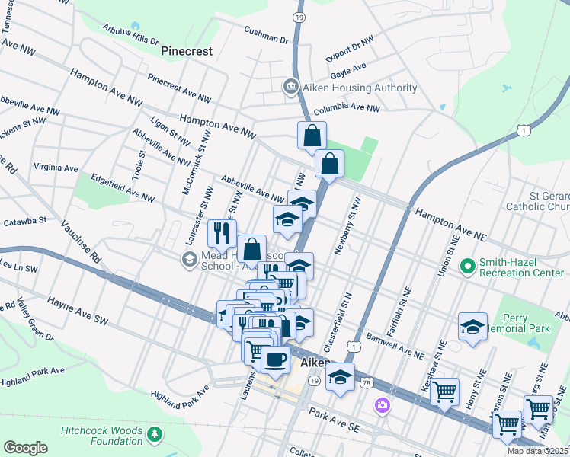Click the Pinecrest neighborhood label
187,51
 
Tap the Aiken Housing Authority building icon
290,88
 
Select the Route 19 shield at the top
299,15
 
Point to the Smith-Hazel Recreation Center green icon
467,267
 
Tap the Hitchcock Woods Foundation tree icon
155,434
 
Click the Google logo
25,447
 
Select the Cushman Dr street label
266,35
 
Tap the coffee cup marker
275,359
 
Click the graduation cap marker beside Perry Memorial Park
472,327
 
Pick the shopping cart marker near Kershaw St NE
444,392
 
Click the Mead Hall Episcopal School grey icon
188,260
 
